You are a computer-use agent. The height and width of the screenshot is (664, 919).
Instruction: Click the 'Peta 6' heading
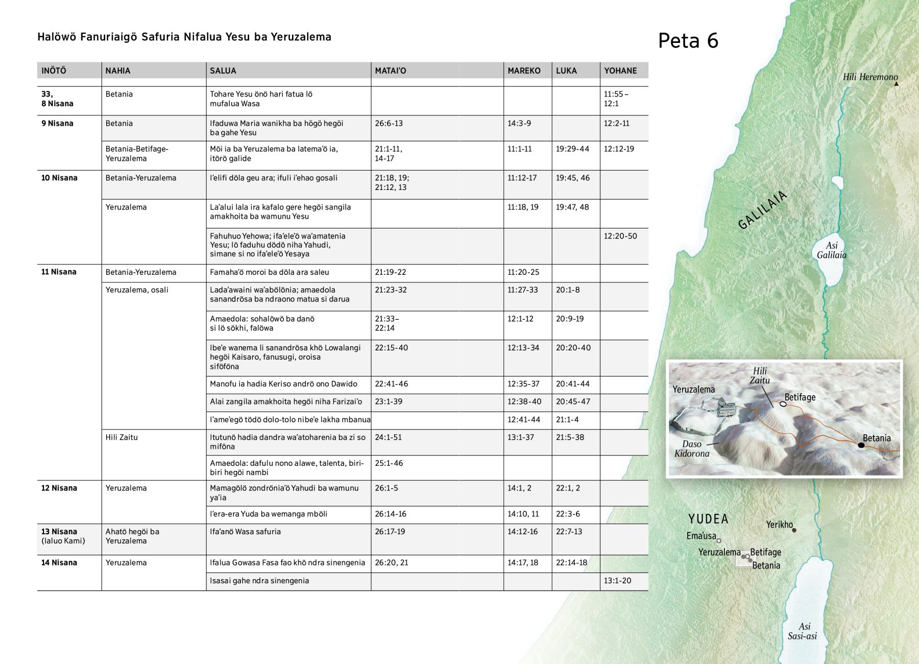[x=688, y=41]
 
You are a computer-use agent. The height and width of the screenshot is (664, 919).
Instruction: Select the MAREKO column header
[x=524, y=70]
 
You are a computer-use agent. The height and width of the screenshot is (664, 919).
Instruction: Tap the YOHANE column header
[x=620, y=70]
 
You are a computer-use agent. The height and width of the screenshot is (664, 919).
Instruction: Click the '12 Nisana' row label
[x=59, y=488]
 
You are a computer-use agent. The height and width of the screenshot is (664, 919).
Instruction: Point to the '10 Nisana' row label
[x=59, y=178]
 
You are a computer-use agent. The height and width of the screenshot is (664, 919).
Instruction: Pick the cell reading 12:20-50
[x=620, y=236]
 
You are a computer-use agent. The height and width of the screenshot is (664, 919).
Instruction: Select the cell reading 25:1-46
[x=389, y=463]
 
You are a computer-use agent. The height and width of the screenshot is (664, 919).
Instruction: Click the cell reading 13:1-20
[x=617, y=580]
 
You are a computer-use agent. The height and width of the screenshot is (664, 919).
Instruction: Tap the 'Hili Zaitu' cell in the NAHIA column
[x=122, y=437]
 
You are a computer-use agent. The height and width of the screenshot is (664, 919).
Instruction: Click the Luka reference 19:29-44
[x=572, y=149]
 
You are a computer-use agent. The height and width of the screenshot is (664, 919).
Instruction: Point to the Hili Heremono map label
[x=870, y=77]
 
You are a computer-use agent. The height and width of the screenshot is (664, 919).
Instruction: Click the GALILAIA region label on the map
[x=763, y=210]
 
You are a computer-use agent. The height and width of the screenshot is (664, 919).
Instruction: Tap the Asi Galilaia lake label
[x=831, y=250]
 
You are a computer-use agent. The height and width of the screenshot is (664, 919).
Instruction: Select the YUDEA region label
[x=708, y=519]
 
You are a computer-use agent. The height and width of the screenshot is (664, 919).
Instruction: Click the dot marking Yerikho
[x=794, y=530]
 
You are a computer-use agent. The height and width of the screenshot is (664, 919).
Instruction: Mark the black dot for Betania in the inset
[x=861, y=445]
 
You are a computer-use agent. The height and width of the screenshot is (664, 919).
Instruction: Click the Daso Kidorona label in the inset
[x=692, y=448]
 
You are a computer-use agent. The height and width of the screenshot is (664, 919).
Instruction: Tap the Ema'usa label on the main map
[x=702, y=536]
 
